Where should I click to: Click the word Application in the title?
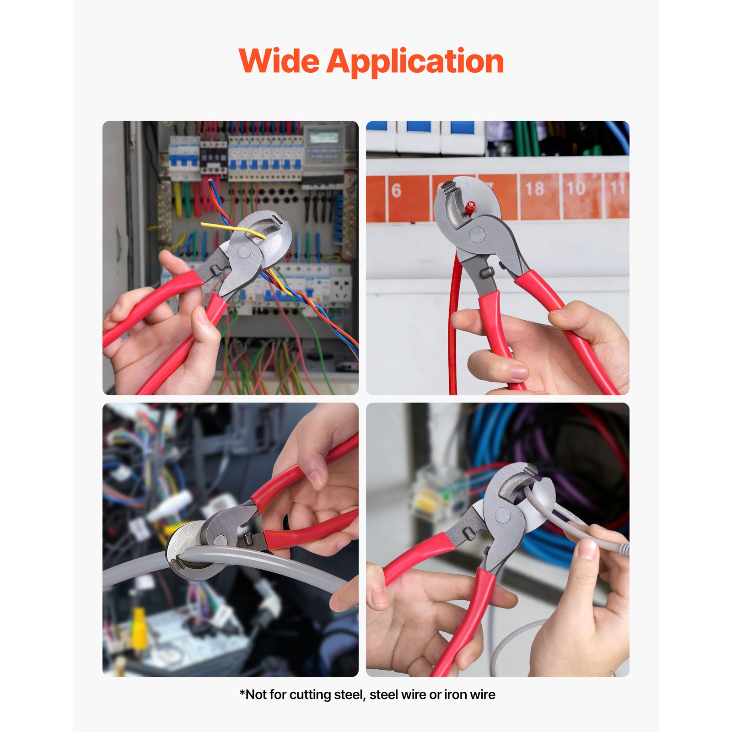415,62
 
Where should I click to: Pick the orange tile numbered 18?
534,189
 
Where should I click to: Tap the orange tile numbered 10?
576,188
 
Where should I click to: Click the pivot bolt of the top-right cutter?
478,235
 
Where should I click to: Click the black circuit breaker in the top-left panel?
213,160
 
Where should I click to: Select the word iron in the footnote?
454,694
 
